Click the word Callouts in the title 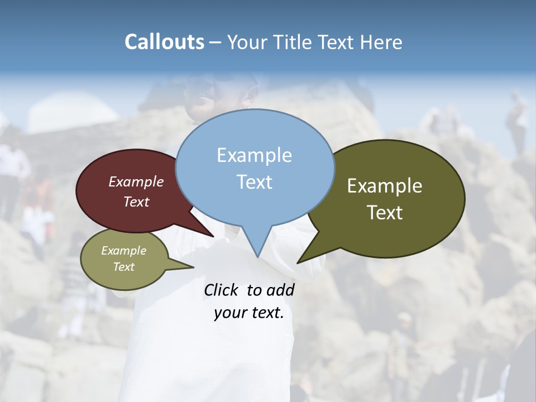tap(164, 42)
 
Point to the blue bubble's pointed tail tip tap(258, 257)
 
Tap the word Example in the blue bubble tap(254, 155)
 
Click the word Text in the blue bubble tap(254, 182)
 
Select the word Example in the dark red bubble tap(136, 181)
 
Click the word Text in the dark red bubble tap(136, 202)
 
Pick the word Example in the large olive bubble tap(385, 186)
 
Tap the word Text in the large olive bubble tap(385, 213)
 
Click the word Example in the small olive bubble tap(123, 251)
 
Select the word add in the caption tap(280, 290)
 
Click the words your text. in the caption tap(248, 313)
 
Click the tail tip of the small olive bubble tap(193, 267)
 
